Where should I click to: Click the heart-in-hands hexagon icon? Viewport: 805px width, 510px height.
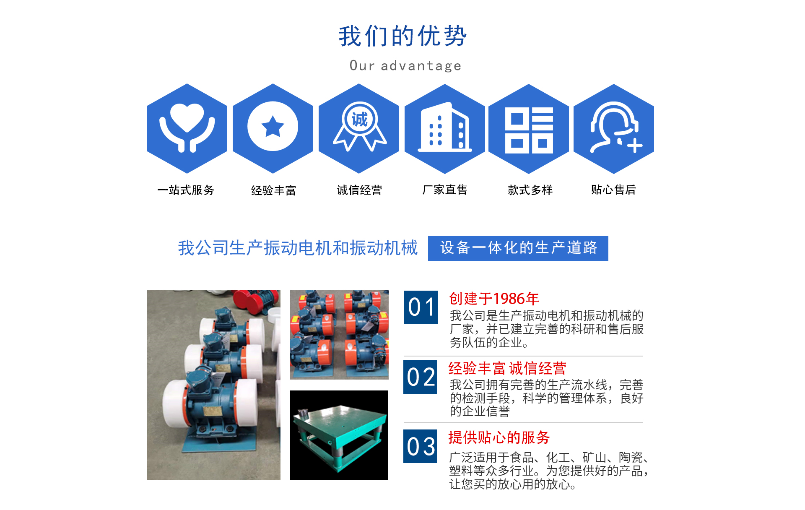pyautogui.click(x=187, y=128)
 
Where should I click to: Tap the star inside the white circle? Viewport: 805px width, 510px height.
pyautogui.click(x=273, y=127)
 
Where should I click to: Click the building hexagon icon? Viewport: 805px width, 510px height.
pyautogui.click(x=445, y=128)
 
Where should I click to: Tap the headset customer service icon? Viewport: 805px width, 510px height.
pyautogui.click(x=614, y=128)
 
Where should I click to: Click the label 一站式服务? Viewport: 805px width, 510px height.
pyautogui.click(x=186, y=190)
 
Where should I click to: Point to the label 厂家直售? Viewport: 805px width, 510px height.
pyautogui.click(x=444, y=190)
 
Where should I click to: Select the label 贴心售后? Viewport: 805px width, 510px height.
pyautogui.click(x=613, y=190)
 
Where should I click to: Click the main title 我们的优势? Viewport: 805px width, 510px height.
pyautogui.click(x=402, y=36)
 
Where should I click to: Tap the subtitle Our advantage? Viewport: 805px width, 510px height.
pyautogui.click(x=405, y=66)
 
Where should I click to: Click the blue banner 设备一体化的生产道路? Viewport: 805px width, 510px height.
pyautogui.click(x=518, y=248)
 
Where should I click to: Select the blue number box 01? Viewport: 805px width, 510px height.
pyautogui.click(x=421, y=307)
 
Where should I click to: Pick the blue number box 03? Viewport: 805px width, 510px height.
pyautogui.click(x=420, y=446)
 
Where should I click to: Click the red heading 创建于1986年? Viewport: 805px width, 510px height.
pyautogui.click(x=494, y=299)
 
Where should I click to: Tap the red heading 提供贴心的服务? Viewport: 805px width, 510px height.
pyautogui.click(x=499, y=437)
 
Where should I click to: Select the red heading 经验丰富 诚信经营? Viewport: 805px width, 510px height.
pyautogui.click(x=507, y=368)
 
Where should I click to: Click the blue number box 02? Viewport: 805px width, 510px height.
pyautogui.click(x=420, y=377)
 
